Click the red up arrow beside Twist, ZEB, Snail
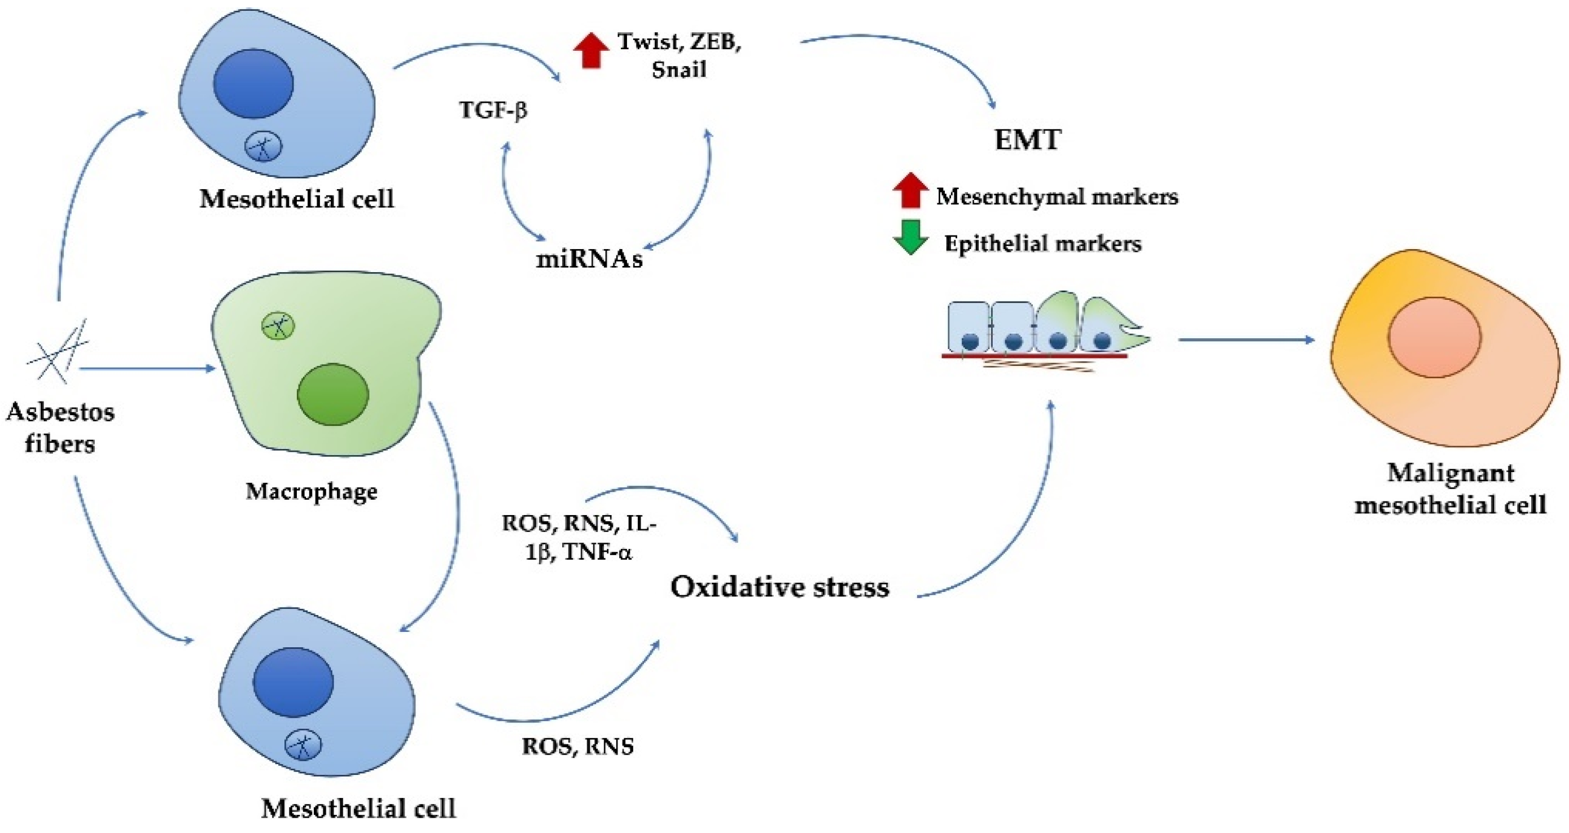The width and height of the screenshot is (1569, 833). (591, 51)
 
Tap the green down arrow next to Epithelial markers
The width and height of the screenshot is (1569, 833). (910, 237)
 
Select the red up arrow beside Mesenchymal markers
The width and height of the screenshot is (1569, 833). (910, 191)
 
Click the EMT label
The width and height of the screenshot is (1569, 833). (1028, 139)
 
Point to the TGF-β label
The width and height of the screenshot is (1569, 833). (493, 110)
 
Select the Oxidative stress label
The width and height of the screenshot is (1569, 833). (779, 587)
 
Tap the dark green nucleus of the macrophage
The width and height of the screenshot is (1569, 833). (332, 394)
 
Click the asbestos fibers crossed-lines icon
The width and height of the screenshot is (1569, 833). (58, 352)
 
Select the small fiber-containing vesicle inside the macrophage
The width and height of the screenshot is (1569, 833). (278, 326)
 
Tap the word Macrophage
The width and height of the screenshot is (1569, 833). (311, 492)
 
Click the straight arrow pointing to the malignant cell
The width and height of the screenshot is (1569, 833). (1247, 339)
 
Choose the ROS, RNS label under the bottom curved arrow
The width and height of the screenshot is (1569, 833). (577, 747)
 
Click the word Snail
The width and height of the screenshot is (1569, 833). (678, 69)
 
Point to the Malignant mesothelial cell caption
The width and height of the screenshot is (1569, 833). (1450, 489)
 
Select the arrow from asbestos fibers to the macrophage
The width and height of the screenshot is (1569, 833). (147, 368)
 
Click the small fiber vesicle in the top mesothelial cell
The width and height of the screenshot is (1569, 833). (263, 147)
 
